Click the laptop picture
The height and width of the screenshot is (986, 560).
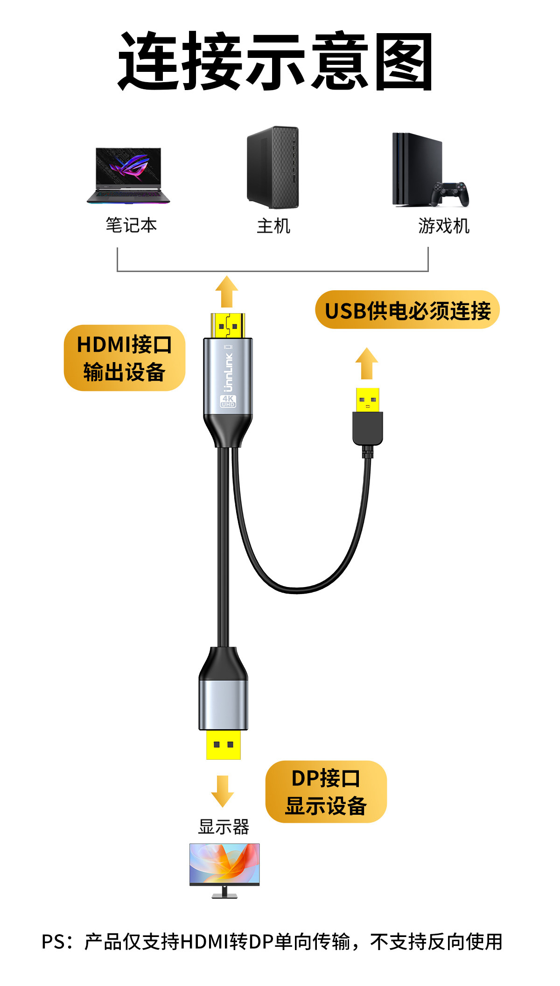click(x=128, y=175)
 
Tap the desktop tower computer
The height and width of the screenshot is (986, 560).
click(x=273, y=167)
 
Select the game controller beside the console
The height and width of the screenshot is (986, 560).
click(x=450, y=193)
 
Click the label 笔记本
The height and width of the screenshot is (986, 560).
click(x=131, y=225)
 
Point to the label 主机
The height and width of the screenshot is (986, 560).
click(x=273, y=226)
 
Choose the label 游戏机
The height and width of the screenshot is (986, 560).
click(x=443, y=226)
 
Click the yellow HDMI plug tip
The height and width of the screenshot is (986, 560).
click(x=228, y=326)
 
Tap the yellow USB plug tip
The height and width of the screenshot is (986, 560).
click(x=367, y=400)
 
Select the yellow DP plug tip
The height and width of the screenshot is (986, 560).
click(x=224, y=744)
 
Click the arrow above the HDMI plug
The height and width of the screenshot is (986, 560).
click(x=227, y=291)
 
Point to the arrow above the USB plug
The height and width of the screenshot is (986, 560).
click(x=367, y=363)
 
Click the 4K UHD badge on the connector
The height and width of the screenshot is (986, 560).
click(x=228, y=401)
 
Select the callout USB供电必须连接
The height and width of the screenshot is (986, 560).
click(x=407, y=310)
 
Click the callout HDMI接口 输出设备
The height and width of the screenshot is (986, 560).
click(x=125, y=358)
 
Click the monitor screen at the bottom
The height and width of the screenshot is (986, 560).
click(x=224, y=864)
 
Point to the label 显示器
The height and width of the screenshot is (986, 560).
click(x=224, y=827)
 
